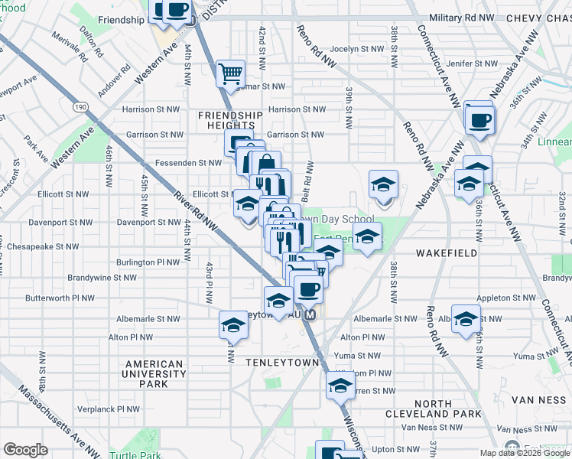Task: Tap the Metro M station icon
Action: point(310,315)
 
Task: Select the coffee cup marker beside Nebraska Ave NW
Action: point(479,119)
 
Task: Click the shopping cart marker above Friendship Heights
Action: point(230,74)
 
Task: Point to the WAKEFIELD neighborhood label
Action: point(447,252)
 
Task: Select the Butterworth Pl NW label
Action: point(60,298)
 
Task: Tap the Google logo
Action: point(25,450)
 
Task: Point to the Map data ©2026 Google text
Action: point(525,453)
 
